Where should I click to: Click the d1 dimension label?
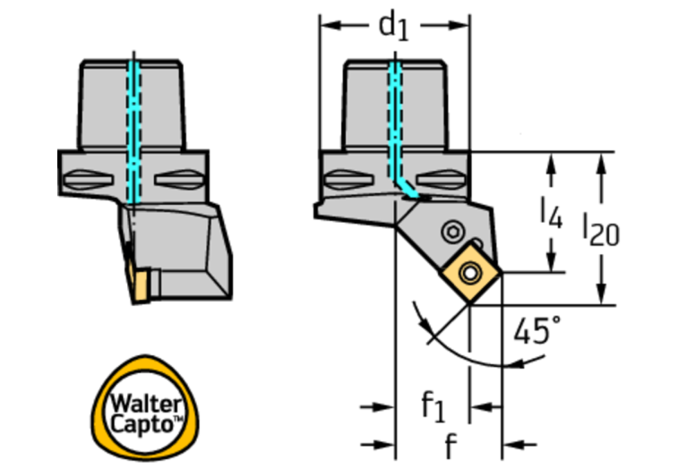[393, 27]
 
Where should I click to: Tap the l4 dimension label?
[551, 213]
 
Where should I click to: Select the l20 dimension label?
[600, 231]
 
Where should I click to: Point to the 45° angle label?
[537, 330]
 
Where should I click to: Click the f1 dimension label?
[433, 406]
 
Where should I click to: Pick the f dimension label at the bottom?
[451, 446]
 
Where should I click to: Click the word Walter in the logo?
[145, 404]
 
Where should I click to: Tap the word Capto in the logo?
[142, 424]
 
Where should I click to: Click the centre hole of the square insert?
[469, 273]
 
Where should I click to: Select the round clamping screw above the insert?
[453, 232]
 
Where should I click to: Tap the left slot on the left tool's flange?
[88, 180]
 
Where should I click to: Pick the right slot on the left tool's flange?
[179, 180]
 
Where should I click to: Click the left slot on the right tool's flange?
[348, 180]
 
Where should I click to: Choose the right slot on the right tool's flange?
[441, 180]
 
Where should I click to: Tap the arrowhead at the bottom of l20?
[602, 294]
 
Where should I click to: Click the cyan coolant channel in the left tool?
[133, 132]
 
